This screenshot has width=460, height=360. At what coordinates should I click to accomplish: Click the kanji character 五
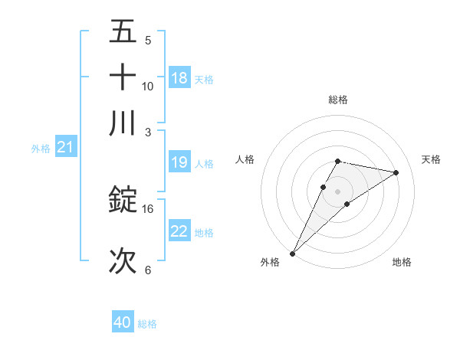pyautogui.click(x=123, y=33)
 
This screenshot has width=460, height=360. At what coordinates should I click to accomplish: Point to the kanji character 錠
pyautogui.click(x=123, y=200)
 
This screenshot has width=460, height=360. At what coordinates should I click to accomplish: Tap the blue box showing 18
pyautogui.click(x=179, y=77)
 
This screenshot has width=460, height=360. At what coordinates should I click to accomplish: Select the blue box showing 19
pyautogui.click(x=179, y=162)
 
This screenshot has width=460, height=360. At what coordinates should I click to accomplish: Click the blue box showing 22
pyautogui.click(x=179, y=231)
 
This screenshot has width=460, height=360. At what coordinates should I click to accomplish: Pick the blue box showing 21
pyautogui.click(x=65, y=147)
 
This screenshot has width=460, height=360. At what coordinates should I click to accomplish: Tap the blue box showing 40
pyautogui.click(x=123, y=322)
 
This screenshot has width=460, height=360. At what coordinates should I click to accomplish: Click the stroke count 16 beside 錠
pyautogui.click(x=148, y=208)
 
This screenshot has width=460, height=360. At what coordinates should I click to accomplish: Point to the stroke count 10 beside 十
pyautogui.click(x=148, y=86)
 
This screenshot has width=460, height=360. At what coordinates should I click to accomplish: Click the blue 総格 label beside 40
pyautogui.click(x=147, y=324)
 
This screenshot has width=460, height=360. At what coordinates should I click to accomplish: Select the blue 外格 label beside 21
pyautogui.click(x=40, y=149)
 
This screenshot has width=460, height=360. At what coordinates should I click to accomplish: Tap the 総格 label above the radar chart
pyautogui.click(x=337, y=100)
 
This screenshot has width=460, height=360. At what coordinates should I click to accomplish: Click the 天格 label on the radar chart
pyautogui.click(x=432, y=159)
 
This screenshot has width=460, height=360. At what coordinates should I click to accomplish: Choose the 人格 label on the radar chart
pyautogui.click(x=245, y=159)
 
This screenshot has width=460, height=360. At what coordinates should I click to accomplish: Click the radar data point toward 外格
pyautogui.click(x=292, y=253)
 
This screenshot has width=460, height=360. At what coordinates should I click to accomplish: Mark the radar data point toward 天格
pyautogui.click(x=396, y=172)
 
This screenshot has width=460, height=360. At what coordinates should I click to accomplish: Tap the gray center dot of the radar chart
pyautogui.click(x=337, y=191)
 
